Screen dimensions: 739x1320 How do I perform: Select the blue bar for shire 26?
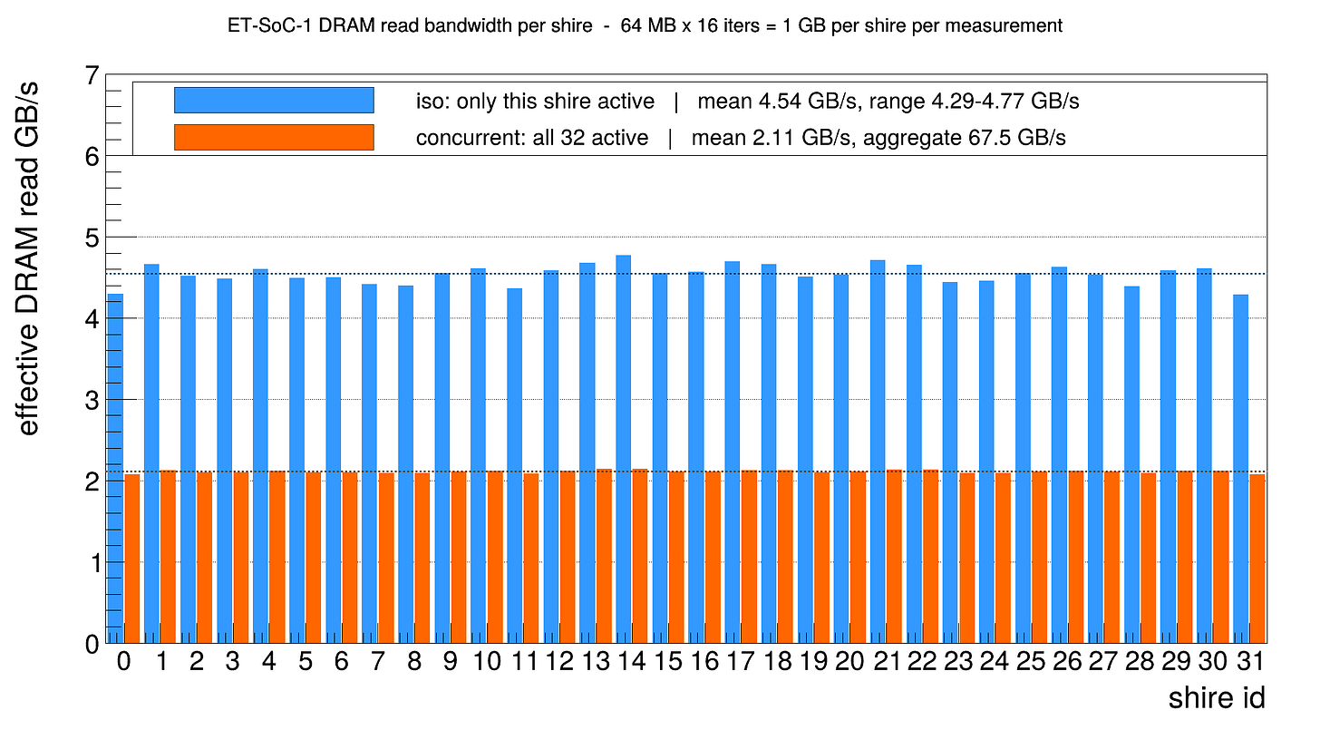(1059, 454)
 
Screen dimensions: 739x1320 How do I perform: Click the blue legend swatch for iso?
(274, 101)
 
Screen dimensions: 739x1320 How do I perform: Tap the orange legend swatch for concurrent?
(274, 138)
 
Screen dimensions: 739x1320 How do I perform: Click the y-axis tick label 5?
(92, 238)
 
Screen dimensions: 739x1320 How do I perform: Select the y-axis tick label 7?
(92, 76)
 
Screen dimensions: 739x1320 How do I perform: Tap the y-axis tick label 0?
(92, 645)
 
